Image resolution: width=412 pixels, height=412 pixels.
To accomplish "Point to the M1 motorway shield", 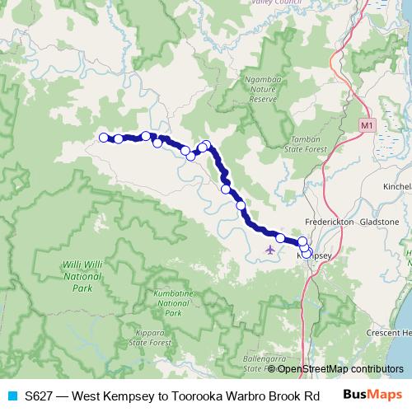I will (367, 124).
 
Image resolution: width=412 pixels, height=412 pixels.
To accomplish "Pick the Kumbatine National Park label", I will (173, 303).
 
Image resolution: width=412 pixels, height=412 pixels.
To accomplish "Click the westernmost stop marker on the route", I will (104, 138).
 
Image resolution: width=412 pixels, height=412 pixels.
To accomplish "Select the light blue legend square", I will (12, 396).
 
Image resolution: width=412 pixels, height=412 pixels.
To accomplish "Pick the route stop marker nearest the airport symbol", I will (280, 238).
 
